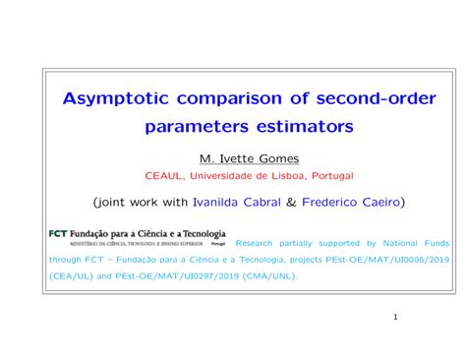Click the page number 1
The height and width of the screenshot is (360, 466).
(394, 319)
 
